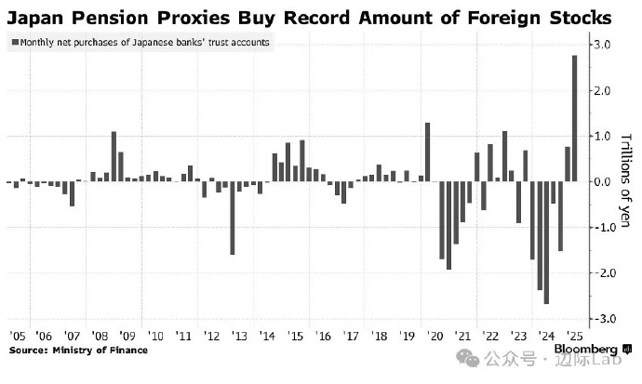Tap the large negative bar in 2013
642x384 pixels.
[232, 218]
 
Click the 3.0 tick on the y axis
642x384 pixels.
[603, 45]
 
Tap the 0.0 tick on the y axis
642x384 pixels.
[603, 181]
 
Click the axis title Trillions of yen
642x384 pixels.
[624, 181]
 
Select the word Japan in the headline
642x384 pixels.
[37, 17]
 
